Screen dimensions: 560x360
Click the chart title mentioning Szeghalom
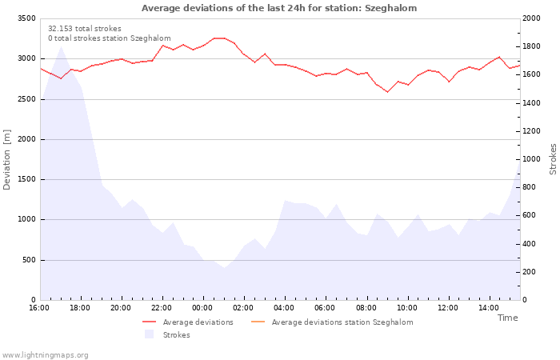(x=279, y=8)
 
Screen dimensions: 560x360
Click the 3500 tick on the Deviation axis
(x=26, y=18)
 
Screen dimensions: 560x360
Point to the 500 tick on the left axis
(x=29, y=260)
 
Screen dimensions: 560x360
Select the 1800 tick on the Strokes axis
(x=531, y=46)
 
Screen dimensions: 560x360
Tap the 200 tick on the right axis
(x=530, y=272)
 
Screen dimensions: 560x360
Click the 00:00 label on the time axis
(x=202, y=308)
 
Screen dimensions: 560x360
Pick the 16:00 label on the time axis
(x=39, y=308)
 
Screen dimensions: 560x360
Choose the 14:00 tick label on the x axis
(x=489, y=308)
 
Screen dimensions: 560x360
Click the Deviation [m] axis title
(x=6, y=160)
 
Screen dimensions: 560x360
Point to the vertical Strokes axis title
(x=553, y=159)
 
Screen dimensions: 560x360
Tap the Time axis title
(x=507, y=318)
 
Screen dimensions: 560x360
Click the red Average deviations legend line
(x=150, y=322)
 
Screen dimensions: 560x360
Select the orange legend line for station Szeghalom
(x=258, y=322)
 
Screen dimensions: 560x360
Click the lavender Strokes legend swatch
(x=150, y=334)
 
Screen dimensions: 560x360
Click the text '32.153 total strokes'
(x=85, y=29)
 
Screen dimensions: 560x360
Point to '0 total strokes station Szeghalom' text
(x=110, y=38)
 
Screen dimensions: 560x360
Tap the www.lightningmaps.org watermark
(x=44, y=355)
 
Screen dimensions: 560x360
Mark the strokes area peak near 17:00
(x=61, y=46)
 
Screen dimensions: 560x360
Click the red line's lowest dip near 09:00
(x=387, y=92)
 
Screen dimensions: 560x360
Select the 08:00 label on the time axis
(x=366, y=308)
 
